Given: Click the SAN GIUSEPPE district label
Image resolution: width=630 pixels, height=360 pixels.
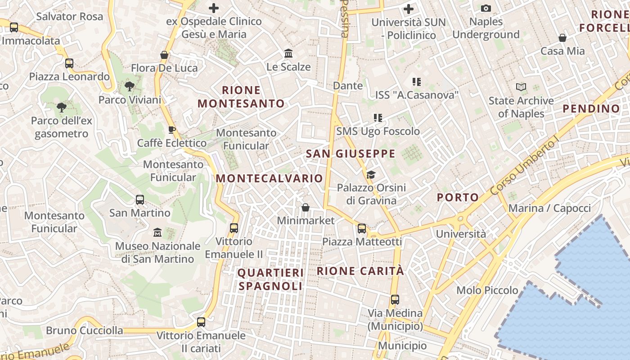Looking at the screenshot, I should (351, 154).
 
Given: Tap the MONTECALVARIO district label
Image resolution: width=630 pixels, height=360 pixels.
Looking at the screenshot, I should (269, 178).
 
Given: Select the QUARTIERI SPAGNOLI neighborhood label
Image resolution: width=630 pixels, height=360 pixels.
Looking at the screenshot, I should (270, 279).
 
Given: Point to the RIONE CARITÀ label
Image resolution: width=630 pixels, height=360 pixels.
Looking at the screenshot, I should (360, 271).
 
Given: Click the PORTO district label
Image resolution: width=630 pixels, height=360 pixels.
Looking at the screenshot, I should (458, 197).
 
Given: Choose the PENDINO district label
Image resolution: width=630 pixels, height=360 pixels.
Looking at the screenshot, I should (591, 108).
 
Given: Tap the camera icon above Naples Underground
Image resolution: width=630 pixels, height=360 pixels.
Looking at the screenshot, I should (486, 9).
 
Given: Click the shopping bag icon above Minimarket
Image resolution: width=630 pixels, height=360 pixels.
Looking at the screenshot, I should (306, 207).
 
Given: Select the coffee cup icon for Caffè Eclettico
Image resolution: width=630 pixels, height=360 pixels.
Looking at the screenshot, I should (171, 130).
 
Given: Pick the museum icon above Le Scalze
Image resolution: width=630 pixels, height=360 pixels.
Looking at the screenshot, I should (288, 54).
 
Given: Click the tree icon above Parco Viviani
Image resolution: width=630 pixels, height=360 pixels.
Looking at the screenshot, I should (130, 86).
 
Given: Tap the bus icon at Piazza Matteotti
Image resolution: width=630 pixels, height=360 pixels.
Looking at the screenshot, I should (362, 229).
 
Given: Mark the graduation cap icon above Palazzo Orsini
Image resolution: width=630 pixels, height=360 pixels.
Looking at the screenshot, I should (371, 174).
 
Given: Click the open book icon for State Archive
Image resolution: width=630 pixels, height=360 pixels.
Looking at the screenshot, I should (521, 87).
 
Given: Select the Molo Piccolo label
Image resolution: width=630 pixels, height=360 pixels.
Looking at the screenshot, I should (487, 290).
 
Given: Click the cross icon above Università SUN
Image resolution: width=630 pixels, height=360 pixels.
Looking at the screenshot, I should (409, 9).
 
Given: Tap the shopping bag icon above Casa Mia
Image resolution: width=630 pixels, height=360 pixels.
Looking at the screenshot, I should (562, 38).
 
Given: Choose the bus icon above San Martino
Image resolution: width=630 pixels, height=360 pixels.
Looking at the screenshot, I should (140, 199).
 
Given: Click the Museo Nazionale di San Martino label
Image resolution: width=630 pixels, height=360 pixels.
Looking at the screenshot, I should (157, 252).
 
